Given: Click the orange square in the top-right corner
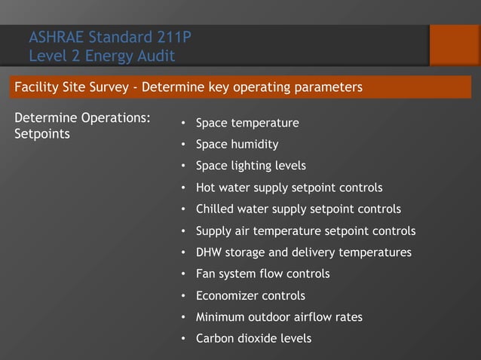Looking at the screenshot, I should click(x=455, y=45).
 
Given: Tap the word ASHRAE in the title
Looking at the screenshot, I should click(x=57, y=37).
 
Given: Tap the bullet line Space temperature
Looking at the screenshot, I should click(x=247, y=123).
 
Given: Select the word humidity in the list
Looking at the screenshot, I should click(x=255, y=144).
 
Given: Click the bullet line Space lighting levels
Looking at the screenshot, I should click(x=250, y=166).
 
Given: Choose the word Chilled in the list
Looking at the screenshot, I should click(x=216, y=209).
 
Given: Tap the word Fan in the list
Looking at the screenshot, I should click(x=205, y=274).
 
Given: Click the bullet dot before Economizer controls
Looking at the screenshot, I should click(x=184, y=296).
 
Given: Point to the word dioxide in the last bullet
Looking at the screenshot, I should click(x=259, y=339).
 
